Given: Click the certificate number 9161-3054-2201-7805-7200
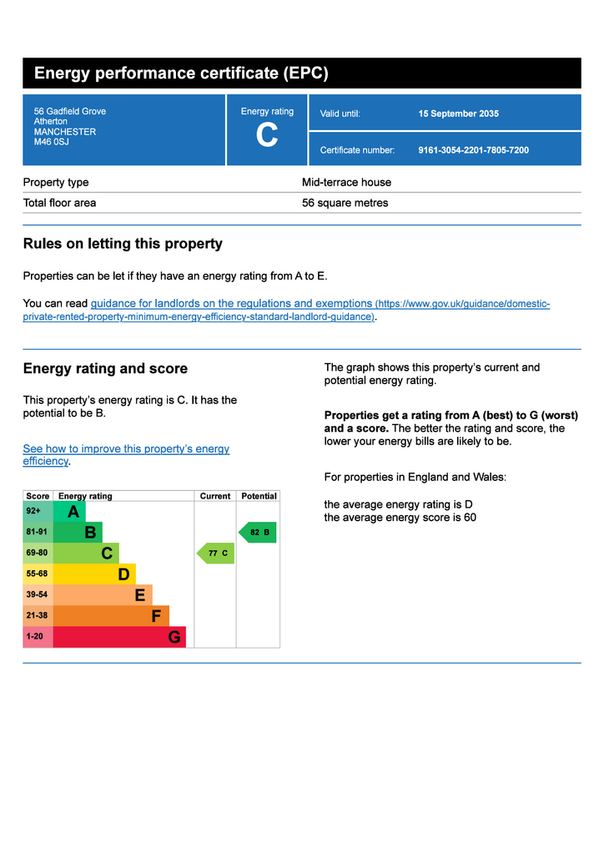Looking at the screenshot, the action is [x=473, y=150].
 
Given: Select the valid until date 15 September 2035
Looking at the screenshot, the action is [x=458, y=114].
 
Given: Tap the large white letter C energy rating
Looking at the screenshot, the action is [x=267, y=134].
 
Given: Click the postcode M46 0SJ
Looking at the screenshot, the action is [x=51, y=142].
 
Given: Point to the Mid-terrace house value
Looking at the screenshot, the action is [x=346, y=182].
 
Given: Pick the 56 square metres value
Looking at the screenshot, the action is [x=345, y=203].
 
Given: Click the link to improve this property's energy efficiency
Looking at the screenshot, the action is [x=126, y=455].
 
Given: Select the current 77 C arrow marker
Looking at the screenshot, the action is [x=216, y=553].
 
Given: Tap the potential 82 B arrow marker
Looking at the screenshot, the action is [x=258, y=532].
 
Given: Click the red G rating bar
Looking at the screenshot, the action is [x=119, y=637].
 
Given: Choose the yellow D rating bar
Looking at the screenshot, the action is [x=94, y=574].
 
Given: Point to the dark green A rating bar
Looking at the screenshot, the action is [x=69, y=512].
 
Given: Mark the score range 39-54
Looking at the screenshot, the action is [x=37, y=594].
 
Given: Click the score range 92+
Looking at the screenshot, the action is [x=33, y=511].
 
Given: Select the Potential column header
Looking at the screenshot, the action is [x=259, y=496].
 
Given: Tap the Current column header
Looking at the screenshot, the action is [x=215, y=496].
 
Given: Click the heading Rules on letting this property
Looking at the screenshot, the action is [x=123, y=244].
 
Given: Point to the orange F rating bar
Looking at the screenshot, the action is [x=111, y=616].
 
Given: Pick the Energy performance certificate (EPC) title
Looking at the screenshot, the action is [x=181, y=73].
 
